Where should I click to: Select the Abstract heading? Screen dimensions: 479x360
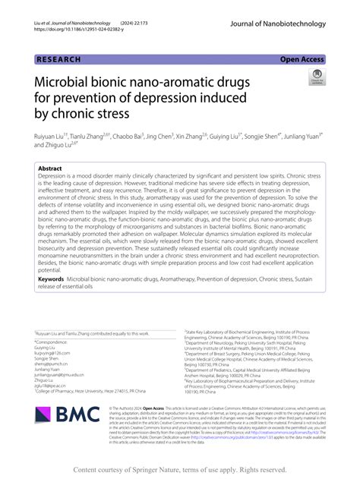(50, 169)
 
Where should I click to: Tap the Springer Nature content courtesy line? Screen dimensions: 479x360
(179, 469)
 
